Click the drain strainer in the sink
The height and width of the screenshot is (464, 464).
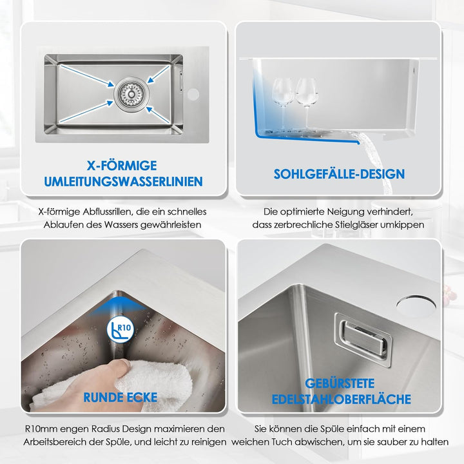(x=131, y=94)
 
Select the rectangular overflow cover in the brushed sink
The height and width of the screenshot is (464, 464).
(x=363, y=340)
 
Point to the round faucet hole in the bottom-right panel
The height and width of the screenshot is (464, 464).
(x=416, y=305)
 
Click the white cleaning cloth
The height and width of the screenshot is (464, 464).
(x=119, y=385)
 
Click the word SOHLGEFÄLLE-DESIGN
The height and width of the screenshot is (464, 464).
(x=339, y=174)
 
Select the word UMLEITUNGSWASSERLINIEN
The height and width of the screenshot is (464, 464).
(x=123, y=181)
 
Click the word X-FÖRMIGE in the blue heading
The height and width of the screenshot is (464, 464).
(x=122, y=166)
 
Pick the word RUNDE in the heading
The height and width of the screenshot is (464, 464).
(x=102, y=398)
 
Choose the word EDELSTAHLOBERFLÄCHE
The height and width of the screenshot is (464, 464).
(x=341, y=399)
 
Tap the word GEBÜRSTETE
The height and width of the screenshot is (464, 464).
(x=340, y=383)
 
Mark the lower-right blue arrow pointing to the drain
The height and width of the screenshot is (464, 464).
(x=159, y=115)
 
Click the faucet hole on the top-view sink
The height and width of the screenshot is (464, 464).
(x=193, y=94)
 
